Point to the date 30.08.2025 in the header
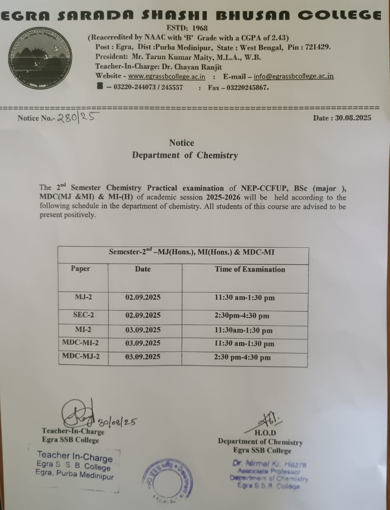[353, 118]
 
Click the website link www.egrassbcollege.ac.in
[167, 76]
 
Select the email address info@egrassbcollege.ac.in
[293, 76]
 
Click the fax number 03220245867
[248, 88]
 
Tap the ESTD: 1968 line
[187, 28]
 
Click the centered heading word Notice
[181, 143]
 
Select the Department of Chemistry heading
[185, 155]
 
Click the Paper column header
[81, 269]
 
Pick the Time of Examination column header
[250, 269]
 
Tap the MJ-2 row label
[83, 297]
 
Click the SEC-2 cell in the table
[83, 315]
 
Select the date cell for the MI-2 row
[143, 330]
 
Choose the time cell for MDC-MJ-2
[242, 357]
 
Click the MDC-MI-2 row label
[81, 343]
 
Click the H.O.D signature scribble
[270, 420]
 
